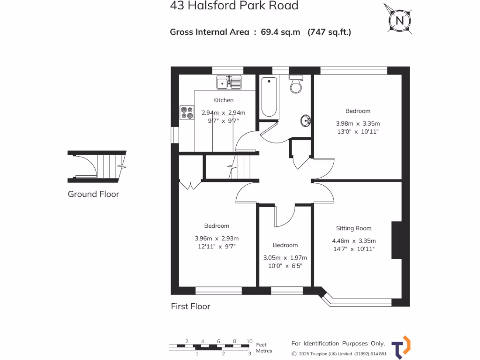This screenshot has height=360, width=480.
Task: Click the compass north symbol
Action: (399, 20)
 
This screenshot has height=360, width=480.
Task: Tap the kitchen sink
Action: (229, 83)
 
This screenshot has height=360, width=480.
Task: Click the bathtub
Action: (270, 97)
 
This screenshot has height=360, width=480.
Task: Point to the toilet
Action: (296, 84)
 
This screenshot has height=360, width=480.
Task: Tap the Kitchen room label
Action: (223, 100)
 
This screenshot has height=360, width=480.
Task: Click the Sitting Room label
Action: (353, 228)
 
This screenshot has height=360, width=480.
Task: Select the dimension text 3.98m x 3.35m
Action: (358, 123)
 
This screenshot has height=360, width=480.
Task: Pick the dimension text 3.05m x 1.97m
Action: (285, 257)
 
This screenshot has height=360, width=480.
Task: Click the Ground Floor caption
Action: (93, 194)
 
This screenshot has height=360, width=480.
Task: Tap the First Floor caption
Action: (190, 307)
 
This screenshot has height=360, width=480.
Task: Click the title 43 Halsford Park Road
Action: (234, 6)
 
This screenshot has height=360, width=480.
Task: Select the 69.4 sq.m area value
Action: (280, 32)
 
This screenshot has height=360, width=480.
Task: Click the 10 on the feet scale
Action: (249, 341)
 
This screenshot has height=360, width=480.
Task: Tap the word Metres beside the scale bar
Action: (264, 351)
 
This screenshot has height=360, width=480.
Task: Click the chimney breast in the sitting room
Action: (397, 240)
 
